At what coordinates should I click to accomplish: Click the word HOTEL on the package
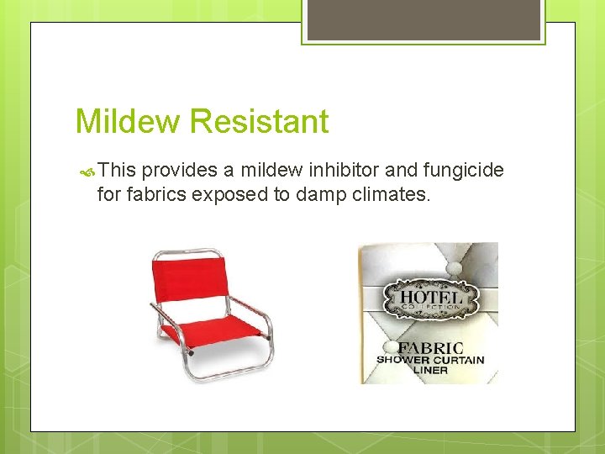pos(430,297)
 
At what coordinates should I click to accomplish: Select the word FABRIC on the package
pos(429,348)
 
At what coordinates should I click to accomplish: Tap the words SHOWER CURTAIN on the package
pos(430,361)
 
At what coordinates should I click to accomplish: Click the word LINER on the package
pos(429,372)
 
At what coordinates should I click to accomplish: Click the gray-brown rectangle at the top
pos(424,18)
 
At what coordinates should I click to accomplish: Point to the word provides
pos(181,171)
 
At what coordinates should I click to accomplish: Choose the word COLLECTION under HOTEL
pos(430,308)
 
